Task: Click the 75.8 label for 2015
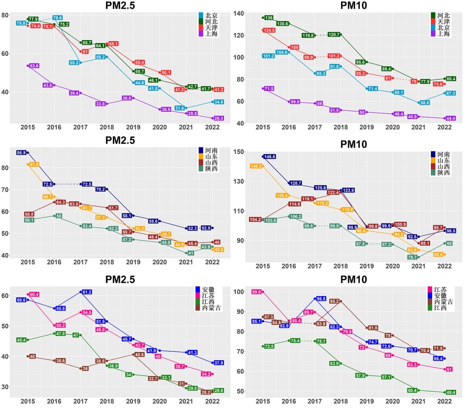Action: [21, 23]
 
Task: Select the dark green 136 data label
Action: [269, 18]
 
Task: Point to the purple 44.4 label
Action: [451, 118]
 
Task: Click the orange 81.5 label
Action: [34, 165]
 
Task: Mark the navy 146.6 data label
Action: [268, 156]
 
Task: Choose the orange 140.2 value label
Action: [256, 166]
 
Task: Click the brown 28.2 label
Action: [205, 392]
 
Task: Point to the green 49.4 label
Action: [451, 392]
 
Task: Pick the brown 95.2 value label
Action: [334, 301]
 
